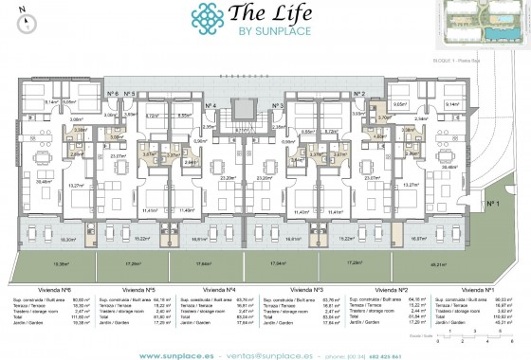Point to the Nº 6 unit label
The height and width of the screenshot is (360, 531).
(x=113, y=93)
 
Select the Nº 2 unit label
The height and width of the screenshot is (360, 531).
(x=359, y=93)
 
